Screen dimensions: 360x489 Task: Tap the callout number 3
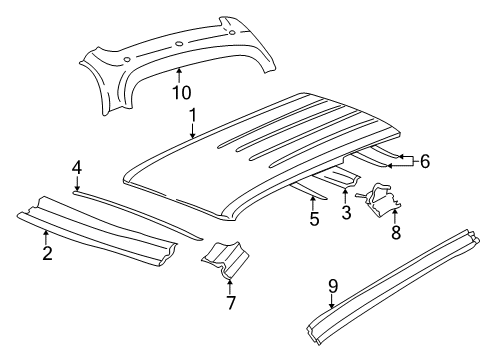point(346,212)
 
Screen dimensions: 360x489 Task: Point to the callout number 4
point(77,168)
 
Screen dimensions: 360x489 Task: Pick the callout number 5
point(314,219)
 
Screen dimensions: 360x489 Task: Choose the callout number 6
point(424,161)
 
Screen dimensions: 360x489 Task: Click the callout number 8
point(395,232)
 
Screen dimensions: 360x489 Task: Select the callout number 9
point(333,285)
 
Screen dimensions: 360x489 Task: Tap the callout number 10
point(179,93)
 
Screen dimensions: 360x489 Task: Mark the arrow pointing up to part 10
point(179,75)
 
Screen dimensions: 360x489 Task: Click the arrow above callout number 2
point(47,235)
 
